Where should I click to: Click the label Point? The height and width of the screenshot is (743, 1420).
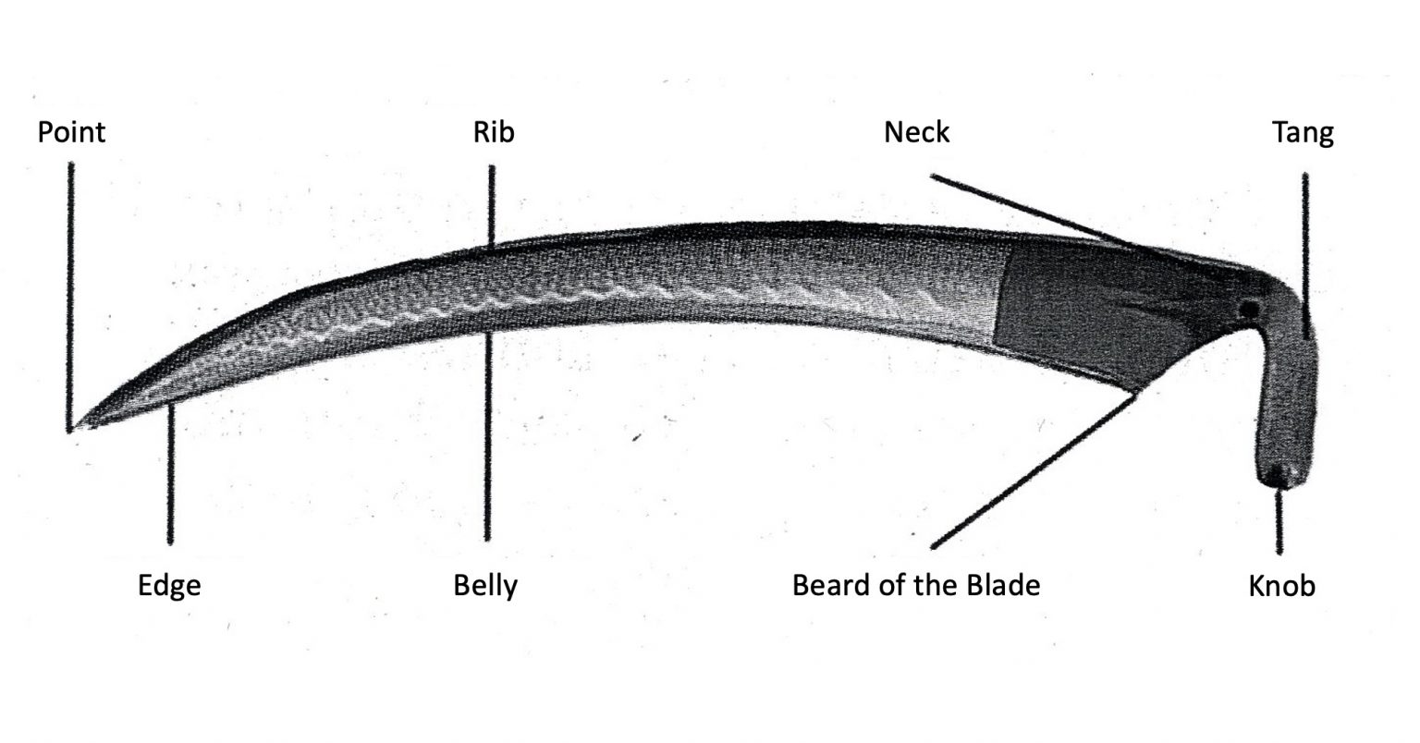point(71,133)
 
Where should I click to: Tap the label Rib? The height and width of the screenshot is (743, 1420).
point(494,132)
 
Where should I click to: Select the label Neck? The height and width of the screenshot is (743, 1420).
point(917,132)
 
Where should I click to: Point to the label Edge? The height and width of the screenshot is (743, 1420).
point(169,585)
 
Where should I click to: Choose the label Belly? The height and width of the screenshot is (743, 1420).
point(485,586)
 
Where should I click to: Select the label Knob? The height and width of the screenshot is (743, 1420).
point(1282,586)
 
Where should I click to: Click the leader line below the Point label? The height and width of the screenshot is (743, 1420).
point(70,298)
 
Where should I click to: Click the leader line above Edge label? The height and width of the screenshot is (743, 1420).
point(170,473)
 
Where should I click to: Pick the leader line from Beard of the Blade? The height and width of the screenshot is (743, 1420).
point(1034,469)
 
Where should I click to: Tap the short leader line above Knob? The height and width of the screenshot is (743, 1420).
point(1279,521)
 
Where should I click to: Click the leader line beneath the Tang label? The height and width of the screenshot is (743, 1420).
point(1305,255)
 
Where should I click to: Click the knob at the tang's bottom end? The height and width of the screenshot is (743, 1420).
point(1280,473)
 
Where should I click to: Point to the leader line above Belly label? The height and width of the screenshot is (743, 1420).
point(487,435)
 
